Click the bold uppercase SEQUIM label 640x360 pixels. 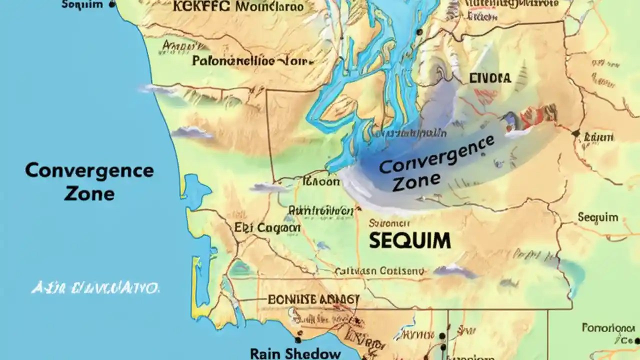click(410, 240)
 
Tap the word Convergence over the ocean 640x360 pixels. click(89, 171)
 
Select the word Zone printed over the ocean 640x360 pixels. click(89, 193)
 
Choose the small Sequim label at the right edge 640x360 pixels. click(598, 217)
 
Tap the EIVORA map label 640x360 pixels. click(490, 78)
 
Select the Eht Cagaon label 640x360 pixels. click(267, 228)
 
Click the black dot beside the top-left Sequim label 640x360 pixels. click(112, 4)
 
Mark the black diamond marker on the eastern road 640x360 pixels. click(575, 133)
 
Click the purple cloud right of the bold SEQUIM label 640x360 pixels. click(455, 271)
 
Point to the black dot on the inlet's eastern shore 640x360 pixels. click(419, 32)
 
